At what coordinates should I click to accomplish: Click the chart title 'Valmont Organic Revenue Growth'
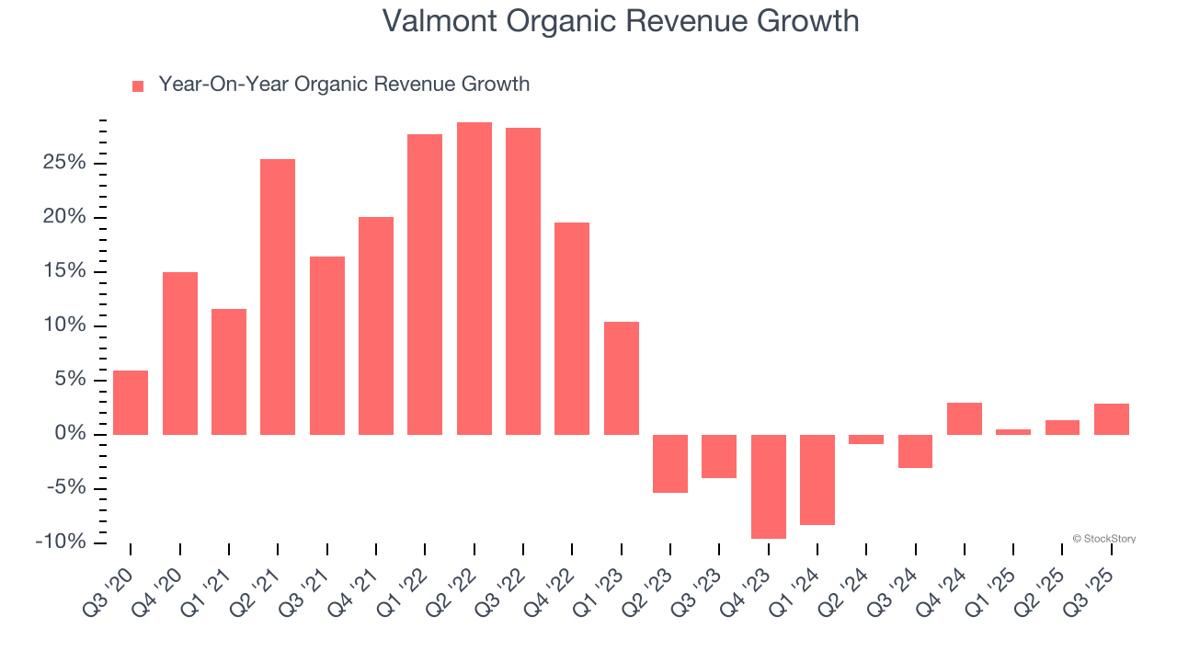[621, 21]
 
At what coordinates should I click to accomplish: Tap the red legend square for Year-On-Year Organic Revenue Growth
[138, 86]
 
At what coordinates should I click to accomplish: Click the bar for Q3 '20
[131, 402]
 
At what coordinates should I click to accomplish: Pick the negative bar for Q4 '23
[768, 485]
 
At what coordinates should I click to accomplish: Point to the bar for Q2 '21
[278, 296]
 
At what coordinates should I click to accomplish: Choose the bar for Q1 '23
[621, 378]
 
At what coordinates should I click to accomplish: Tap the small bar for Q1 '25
[1013, 431]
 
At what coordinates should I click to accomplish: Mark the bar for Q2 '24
[866, 439]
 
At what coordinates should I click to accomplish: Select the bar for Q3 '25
[1111, 418]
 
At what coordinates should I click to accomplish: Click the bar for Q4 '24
[964, 418]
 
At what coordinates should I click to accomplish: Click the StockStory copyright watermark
[1103, 539]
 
